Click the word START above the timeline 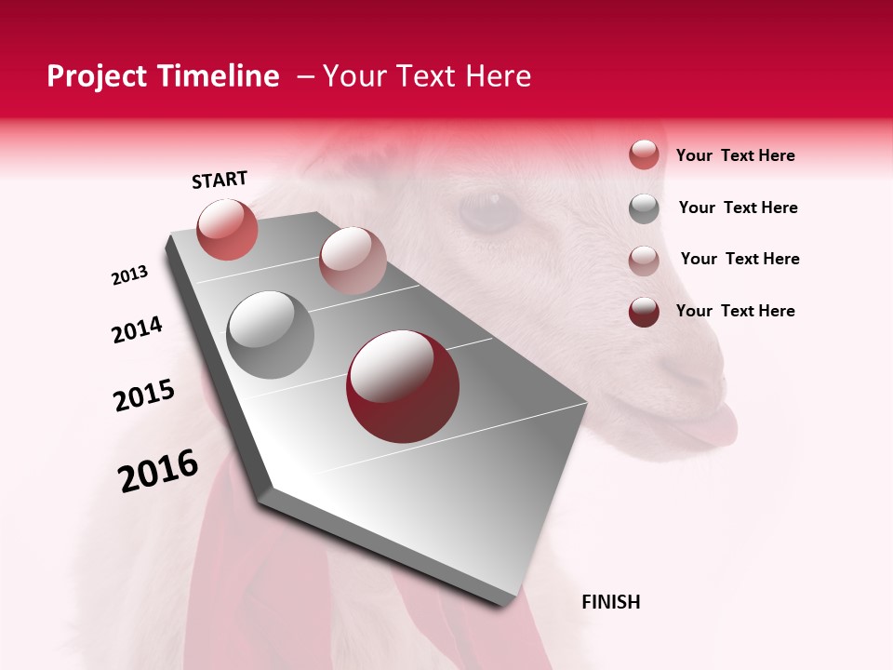[220, 180]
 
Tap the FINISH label [610, 602]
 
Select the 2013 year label [130, 275]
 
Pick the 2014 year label [137, 330]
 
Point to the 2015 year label [144, 395]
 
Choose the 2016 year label [158, 471]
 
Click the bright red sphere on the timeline [227, 229]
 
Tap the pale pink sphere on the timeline [353, 260]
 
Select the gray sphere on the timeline [270, 335]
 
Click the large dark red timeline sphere [403, 386]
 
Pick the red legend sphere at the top [644, 155]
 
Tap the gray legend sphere [644, 208]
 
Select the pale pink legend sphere [644, 260]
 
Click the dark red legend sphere [644, 312]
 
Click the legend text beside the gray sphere [738, 208]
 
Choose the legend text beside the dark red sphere [735, 311]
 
